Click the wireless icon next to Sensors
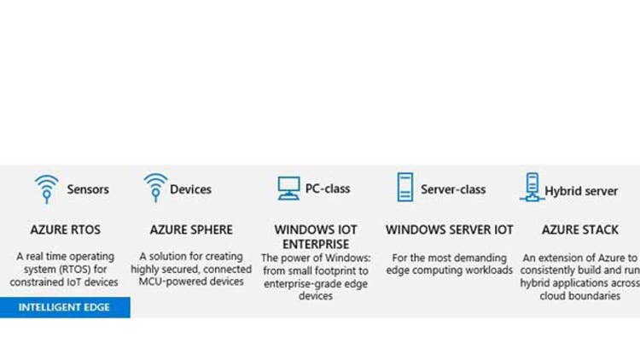click(46, 189)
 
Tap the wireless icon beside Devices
click(155, 187)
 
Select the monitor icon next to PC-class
click(289, 188)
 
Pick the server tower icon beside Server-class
click(404, 187)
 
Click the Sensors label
click(88, 189)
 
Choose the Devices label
click(190, 189)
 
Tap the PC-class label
click(328, 189)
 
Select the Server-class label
click(453, 189)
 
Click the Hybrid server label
click(581, 190)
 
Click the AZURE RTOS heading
click(65, 229)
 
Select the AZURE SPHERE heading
click(191, 229)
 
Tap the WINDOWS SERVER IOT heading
click(450, 229)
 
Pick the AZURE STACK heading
click(580, 229)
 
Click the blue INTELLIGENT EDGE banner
click(65, 307)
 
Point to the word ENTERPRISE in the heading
click(316, 243)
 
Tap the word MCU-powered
click(168, 282)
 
